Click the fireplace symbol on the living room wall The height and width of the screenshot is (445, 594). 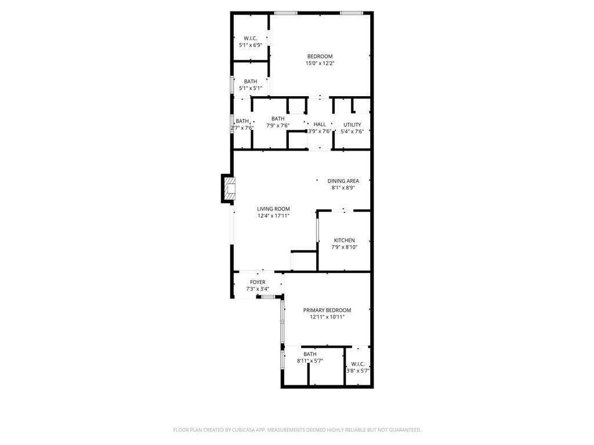[228, 188]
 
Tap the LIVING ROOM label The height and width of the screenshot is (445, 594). [274, 209]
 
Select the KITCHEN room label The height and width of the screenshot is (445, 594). [344, 240]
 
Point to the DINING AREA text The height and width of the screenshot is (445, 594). [343, 181]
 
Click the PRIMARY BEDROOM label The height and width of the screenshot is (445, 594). [327, 311]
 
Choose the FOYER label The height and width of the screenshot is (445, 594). [258, 283]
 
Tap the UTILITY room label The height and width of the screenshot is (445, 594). [352, 125]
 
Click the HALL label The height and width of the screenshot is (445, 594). [320, 125]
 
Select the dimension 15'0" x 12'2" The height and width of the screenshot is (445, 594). [320, 63]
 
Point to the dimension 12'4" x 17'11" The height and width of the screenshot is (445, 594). [274, 216]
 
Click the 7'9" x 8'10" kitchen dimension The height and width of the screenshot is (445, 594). [345, 247]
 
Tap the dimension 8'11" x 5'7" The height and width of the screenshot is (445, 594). [310, 361]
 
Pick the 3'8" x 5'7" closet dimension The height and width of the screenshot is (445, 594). [358, 371]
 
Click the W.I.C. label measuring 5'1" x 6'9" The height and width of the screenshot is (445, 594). [251, 38]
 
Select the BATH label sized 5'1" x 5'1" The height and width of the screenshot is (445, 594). [251, 82]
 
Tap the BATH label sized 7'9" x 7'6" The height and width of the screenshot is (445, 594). [278, 119]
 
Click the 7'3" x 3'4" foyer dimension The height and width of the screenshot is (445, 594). [258, 289]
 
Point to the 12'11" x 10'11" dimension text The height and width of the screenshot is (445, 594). [327, 318]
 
